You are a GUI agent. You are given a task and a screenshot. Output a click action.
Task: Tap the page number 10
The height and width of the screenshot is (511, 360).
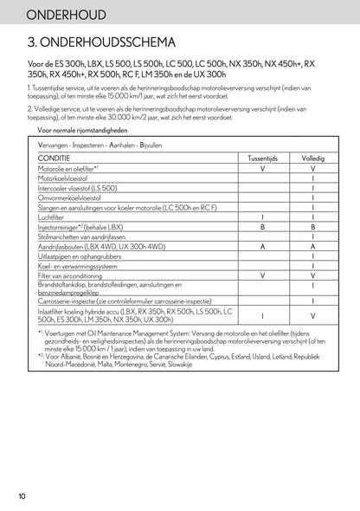pos(20,496)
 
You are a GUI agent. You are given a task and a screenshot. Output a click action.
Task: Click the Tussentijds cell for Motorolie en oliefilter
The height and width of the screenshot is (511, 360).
pos(263,169)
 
